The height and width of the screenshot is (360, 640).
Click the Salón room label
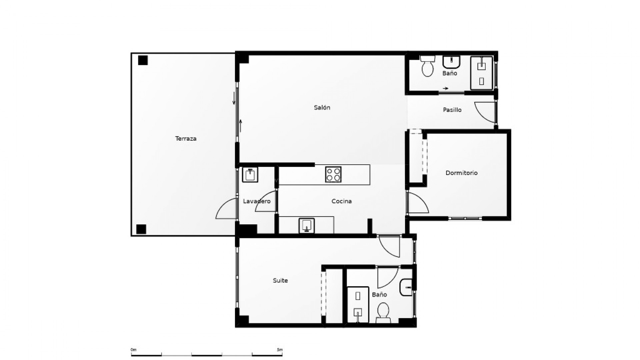(322, 107)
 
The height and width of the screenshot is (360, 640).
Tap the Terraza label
(186, 138)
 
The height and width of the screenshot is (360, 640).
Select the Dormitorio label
(461, 173)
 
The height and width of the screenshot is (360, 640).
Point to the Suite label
(280, 280)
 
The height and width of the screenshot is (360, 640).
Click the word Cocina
(341, 201)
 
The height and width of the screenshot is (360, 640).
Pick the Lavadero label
(257, 201)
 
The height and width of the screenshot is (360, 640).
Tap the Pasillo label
(452, 110)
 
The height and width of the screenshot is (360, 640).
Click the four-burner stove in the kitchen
(333, 174)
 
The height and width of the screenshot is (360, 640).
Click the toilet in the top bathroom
(427, 66)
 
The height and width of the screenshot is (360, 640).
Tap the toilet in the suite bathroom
(383, 313)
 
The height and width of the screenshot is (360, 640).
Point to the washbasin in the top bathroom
(451, 62)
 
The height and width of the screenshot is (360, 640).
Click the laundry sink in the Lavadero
(250, 175)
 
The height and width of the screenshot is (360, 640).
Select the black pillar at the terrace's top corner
(143, 60)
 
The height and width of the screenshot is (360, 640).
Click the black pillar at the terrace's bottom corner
(141, 229)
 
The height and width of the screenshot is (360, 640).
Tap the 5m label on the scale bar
(280, 350)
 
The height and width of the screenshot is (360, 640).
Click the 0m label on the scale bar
(133, 350)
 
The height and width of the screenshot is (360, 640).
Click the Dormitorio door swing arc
(419, 203)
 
